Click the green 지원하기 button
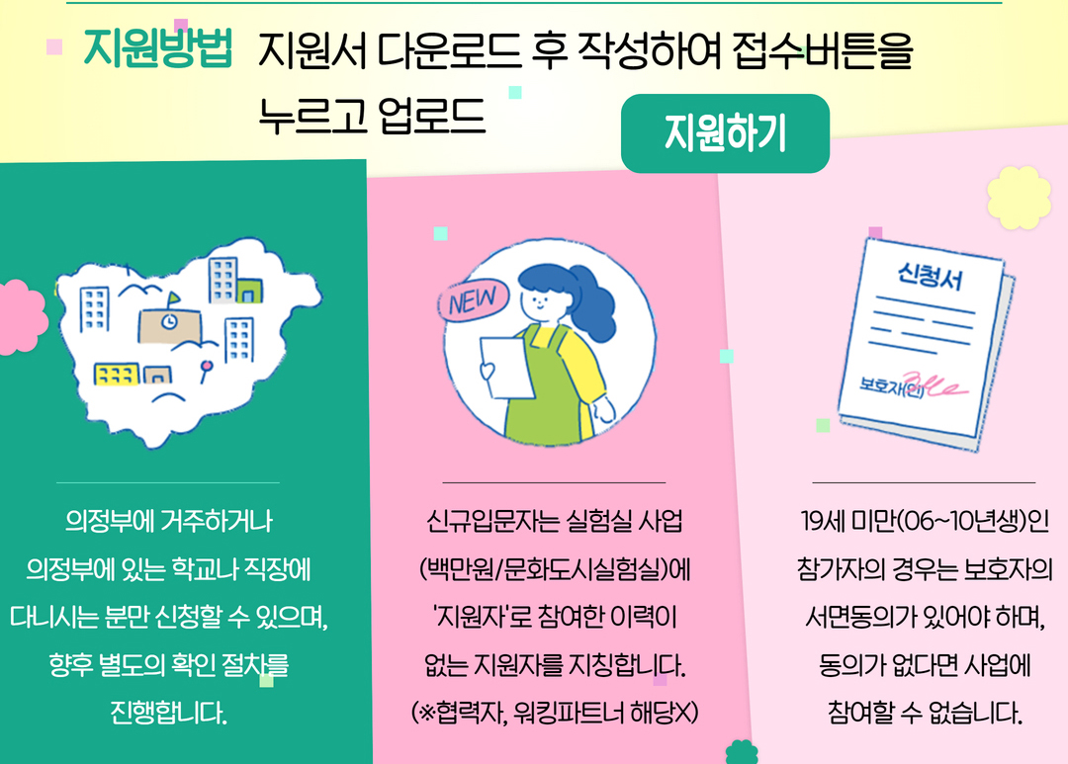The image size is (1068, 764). coord(726,133)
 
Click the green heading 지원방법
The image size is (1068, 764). coord(157,47)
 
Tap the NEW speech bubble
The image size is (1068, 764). coord(473,299)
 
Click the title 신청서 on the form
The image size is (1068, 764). coord(931,276)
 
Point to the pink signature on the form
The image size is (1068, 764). coord(934,385)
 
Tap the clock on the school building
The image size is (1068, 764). coord(170,321)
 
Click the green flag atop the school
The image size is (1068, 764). coord(174,298)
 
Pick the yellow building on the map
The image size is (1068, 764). coord(117,374)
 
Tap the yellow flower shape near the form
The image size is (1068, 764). coord(1019,198)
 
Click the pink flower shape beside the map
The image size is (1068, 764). coord(21,317)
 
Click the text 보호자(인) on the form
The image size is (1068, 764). coord(891,387)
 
